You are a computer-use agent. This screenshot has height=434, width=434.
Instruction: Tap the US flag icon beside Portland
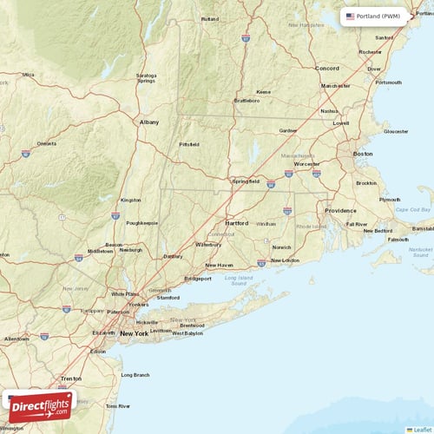(x=350, y=16)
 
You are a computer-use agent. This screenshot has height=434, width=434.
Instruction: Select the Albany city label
(x=149, y=122)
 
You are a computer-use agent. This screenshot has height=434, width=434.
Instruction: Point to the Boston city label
(x=363, y=154)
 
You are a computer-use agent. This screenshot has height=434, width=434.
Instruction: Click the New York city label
(x=134, y=333)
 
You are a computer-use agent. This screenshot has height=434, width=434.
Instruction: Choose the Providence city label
(x=340, y=210)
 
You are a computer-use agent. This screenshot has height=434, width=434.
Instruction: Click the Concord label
(x=327, y=68)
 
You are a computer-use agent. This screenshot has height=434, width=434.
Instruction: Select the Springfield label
(x=245, y=181)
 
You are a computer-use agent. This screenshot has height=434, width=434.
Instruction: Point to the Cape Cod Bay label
(x=413, y=209)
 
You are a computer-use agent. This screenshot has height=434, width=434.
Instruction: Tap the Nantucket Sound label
(x=420, y=253)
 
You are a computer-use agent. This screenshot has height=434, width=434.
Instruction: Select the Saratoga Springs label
(x=147, y=78)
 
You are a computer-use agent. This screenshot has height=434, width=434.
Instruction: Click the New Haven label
(x=219, y=265)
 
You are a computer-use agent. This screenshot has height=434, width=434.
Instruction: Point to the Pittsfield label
(x=189, y=144)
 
